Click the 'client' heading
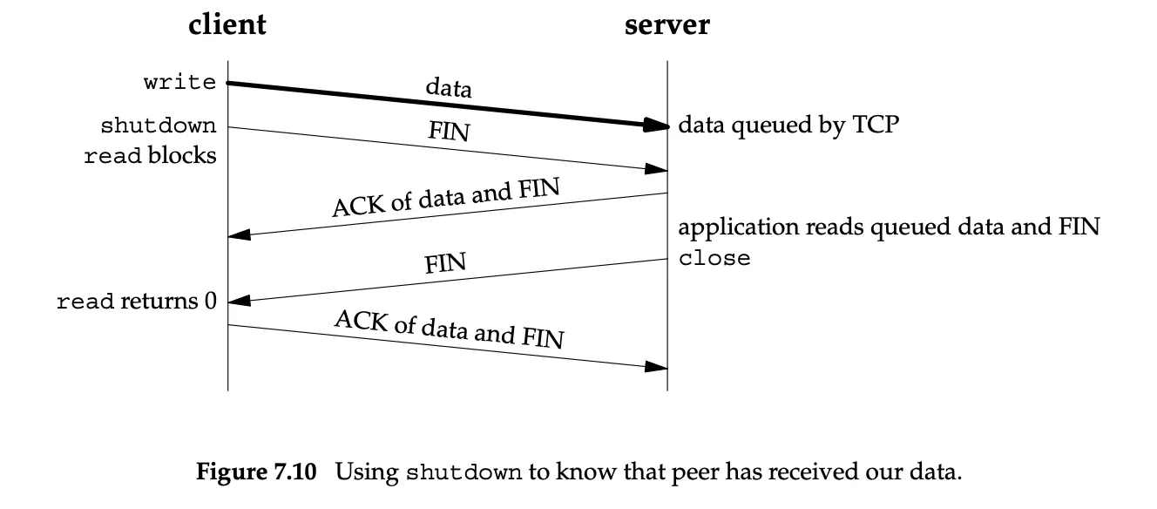click(227, 24)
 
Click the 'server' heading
click(666, 24)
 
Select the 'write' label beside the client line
click(179, 82)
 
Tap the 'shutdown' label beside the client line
click(158, 126)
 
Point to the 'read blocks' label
click(150, 155)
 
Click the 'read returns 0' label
click(137, 301)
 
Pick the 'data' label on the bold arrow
click(449, 87)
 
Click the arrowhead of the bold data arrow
click(655, 125)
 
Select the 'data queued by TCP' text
click(788, 125)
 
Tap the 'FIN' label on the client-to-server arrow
click(449, 132)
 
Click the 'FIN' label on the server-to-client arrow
click(445, 263)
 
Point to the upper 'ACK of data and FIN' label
click(446, 197)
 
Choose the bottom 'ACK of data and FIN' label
click(450, 329)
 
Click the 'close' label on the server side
click(714, 258)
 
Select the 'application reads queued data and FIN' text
click(889, 227)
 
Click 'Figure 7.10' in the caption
click(256, 472)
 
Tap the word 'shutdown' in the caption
click(463, 472)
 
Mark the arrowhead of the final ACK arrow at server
click(656, 367)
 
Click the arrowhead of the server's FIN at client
click(240, 301)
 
